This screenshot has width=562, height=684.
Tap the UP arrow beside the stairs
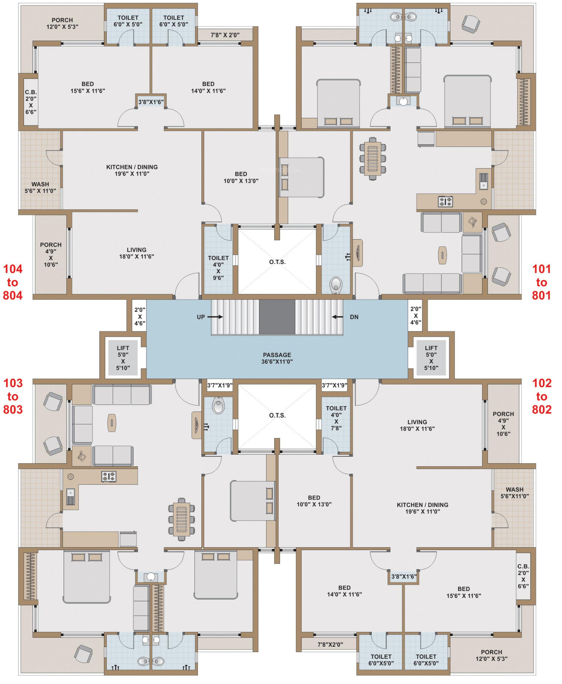215,317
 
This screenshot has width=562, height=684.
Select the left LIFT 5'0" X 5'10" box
123,358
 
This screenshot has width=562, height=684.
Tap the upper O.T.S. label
277,262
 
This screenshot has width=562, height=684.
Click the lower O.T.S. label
277,415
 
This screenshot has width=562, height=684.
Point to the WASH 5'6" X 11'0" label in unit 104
40,187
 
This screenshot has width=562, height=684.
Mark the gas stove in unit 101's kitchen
445,201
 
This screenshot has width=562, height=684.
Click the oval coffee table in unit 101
442,255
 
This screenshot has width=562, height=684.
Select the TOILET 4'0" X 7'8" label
336,418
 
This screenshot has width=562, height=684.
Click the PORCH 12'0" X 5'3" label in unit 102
492,655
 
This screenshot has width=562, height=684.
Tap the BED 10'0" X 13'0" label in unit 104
241,177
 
